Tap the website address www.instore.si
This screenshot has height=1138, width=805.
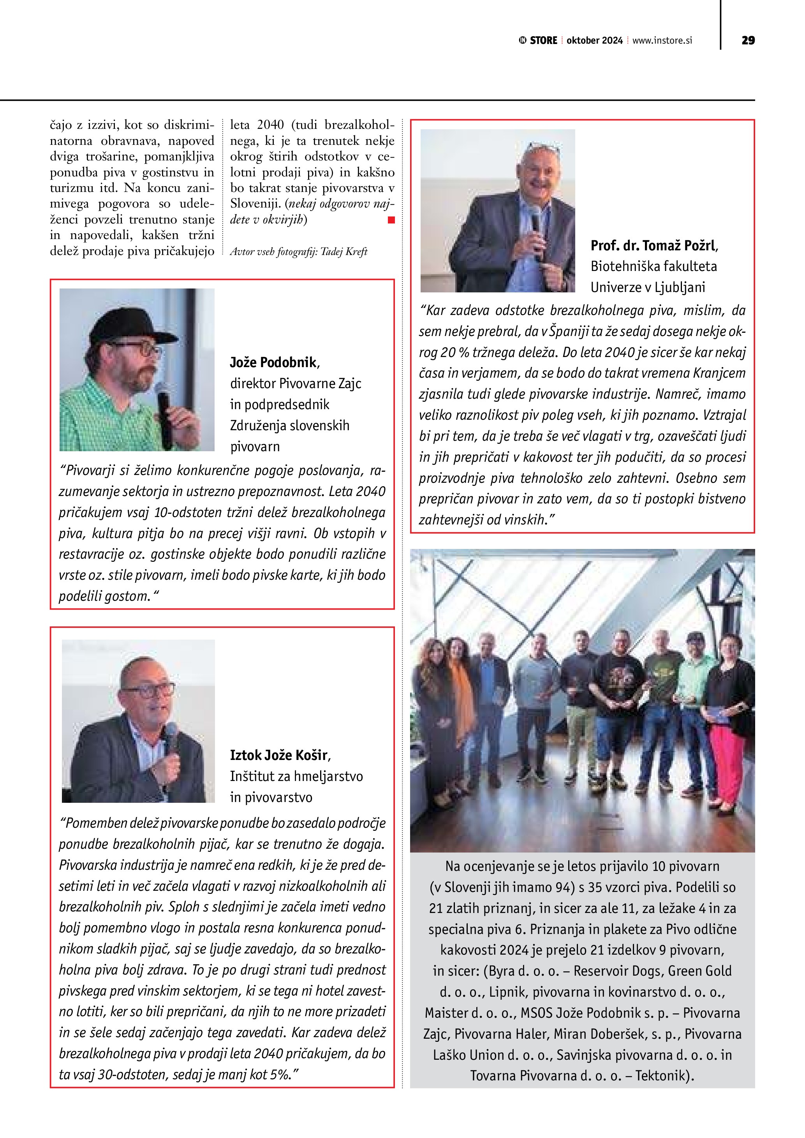(x=662, y=40)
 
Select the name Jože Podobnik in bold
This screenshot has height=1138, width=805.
(x=273, y=362)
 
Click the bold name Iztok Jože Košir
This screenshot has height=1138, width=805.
(x=278, y=755)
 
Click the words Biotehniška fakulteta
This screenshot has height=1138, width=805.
(x=654, y=267)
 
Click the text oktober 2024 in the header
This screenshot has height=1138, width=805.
(x=594, y=40)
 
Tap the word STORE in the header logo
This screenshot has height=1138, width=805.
(x=543, y=40)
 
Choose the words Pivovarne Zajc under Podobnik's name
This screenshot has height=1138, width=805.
(x=320, y=383)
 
